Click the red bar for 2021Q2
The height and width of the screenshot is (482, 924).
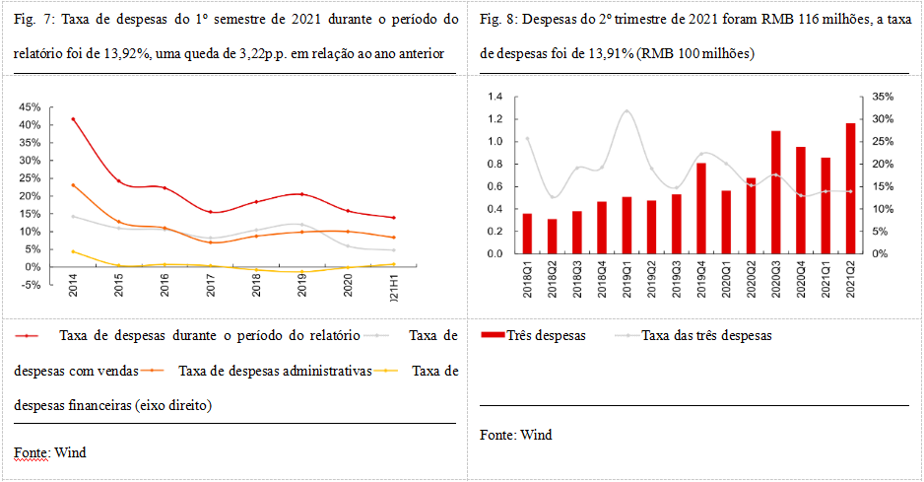point(850,188)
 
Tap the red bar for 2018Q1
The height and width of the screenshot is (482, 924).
point(527,234)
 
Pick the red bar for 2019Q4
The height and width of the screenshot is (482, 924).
point(700,208)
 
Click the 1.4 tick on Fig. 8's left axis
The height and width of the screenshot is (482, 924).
point(495,97)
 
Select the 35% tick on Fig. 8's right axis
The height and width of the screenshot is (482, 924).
point(881,97)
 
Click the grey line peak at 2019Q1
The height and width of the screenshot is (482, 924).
point(627,111)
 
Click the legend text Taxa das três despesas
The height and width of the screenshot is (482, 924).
point(706,335)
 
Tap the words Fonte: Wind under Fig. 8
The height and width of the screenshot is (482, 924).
point(516,435)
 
